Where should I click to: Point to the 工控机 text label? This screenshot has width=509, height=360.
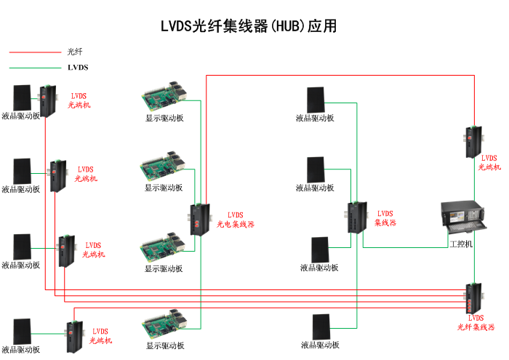coord(461,244)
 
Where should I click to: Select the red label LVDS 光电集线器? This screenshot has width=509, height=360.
coord(236,220)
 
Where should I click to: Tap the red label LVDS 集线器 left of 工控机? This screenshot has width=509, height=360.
coord(385,218)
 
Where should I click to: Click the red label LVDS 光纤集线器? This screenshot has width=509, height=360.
coord(476,323)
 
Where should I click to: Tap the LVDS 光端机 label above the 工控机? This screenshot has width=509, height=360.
coord(489,162)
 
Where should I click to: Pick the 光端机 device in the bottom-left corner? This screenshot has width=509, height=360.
coord(73,337)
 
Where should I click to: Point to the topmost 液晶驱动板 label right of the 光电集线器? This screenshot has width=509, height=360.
coord(315,118)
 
